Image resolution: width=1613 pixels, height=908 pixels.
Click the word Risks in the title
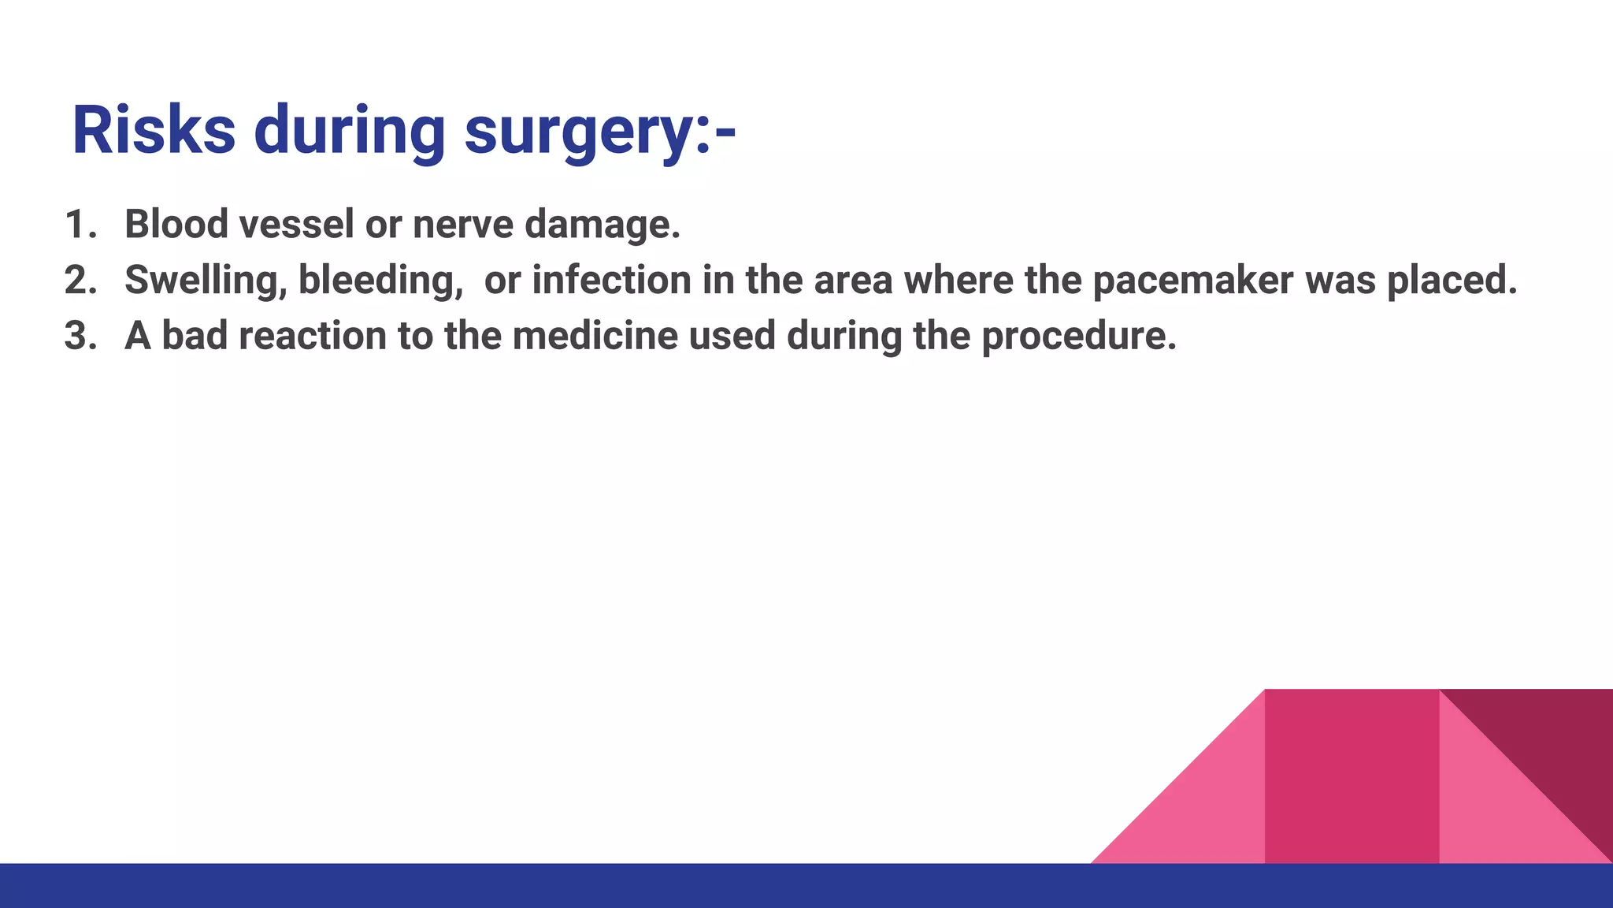154,131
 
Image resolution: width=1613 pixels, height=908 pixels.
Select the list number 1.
79,225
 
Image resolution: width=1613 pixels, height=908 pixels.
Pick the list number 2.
80,281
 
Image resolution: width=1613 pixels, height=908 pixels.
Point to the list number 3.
80,337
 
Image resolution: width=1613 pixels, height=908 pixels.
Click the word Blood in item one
176,225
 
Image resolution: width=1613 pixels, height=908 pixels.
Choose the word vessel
296,225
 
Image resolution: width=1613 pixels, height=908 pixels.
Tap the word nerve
463,225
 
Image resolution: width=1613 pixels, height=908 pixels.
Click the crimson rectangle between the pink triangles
1352,776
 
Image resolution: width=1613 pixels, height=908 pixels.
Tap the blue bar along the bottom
806,886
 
